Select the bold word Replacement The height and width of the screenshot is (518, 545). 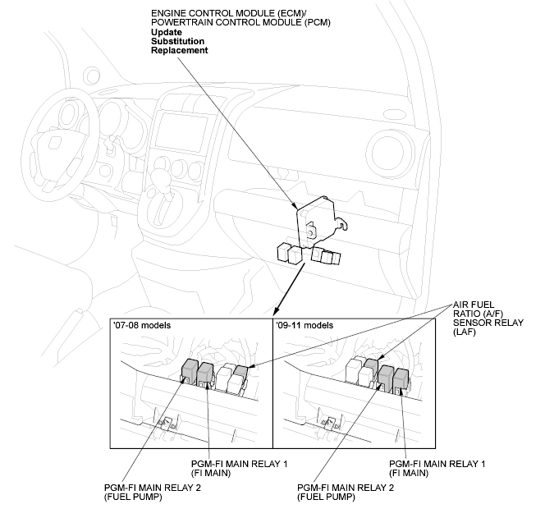coord(179,50)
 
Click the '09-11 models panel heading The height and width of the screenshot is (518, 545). coord(305,325)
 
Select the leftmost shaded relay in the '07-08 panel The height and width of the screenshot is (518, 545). coord(187,370)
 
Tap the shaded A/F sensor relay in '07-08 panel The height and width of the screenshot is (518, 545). coord(240,374)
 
